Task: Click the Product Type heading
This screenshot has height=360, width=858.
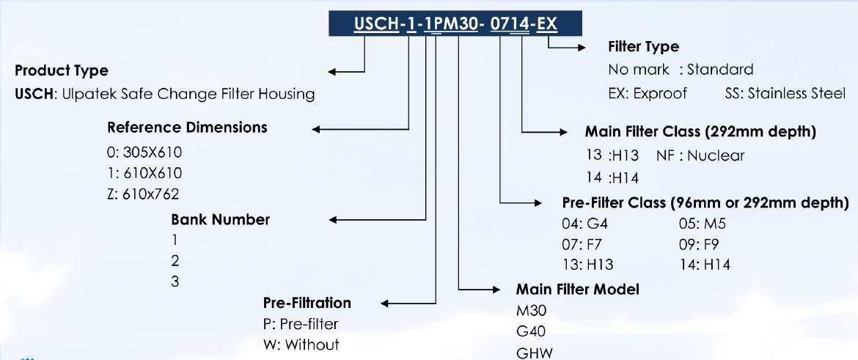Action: tap(62, 71)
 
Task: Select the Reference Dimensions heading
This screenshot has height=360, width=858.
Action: tap(187, 128)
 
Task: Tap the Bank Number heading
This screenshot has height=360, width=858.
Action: tap(220, 219)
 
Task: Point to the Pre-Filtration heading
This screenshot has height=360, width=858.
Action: tap(307, 303)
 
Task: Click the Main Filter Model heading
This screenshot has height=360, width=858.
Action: tap(577, 290)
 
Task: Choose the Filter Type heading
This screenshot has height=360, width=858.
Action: tap(643, 47)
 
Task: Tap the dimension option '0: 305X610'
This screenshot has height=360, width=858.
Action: tap(144, 153)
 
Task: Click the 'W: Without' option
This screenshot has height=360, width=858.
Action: tap(301, 344)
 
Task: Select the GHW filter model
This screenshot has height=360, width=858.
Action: tap(535, 353)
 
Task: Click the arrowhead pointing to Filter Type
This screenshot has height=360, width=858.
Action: tap(581, 48)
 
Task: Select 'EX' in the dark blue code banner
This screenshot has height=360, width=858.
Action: tap(547, 24)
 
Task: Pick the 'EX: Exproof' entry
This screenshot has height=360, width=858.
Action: tap(648, 94)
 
